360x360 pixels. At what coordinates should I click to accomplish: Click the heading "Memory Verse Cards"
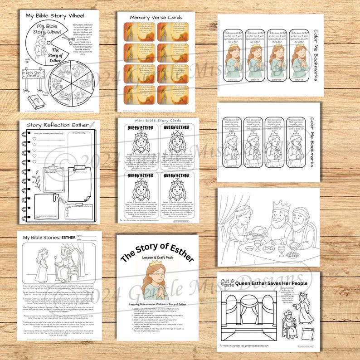click(x=156, y=17)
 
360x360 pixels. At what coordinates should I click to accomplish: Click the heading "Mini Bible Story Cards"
click(x=157, y=121)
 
